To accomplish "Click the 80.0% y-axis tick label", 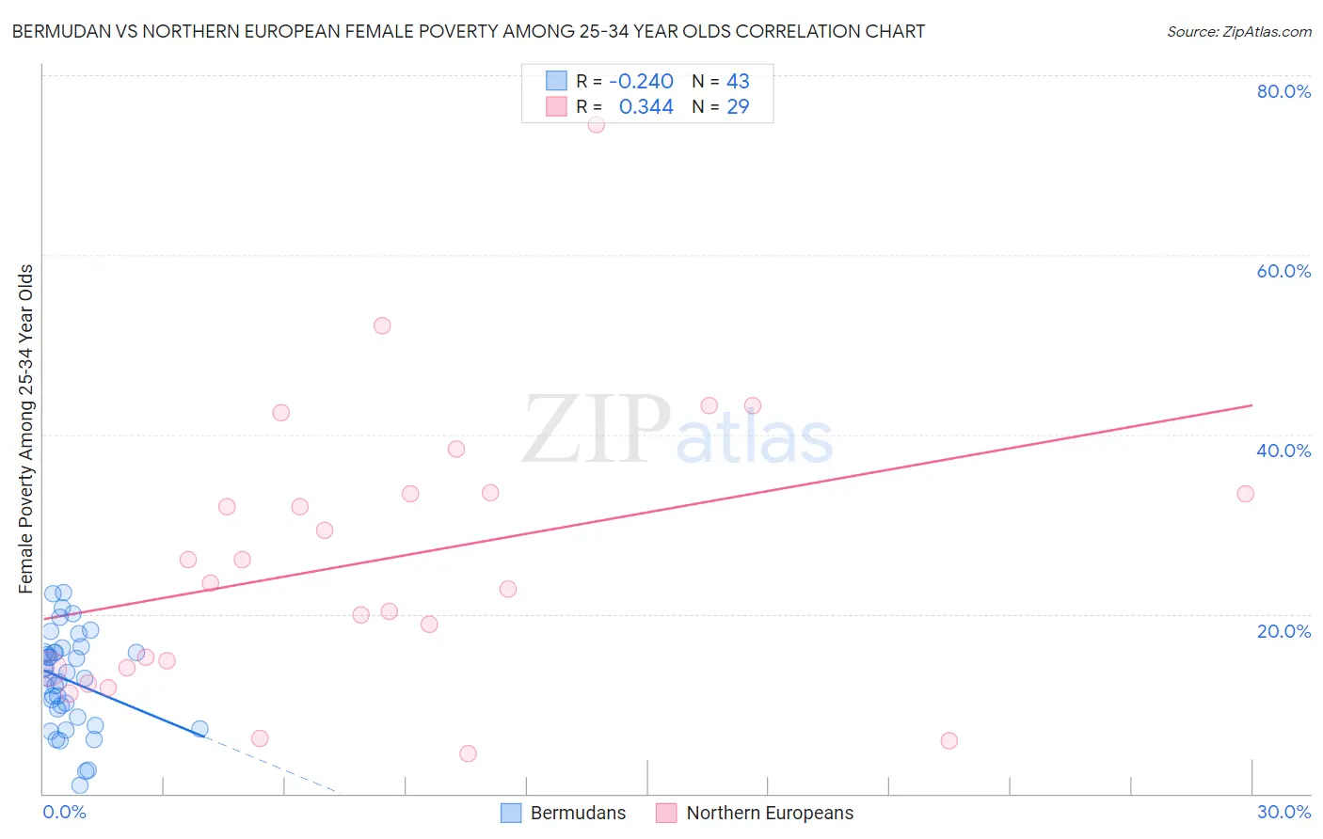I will pos(1283,91).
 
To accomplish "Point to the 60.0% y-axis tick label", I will pos(1283,271).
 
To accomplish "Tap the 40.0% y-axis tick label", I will pos(1283,451).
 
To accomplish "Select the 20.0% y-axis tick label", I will pos(1283,631).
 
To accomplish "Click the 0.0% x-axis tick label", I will pos(64,812).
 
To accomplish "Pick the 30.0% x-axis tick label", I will pos(1283,812).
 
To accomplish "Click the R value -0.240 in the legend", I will pos(641,82).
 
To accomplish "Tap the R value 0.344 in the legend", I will pos(646,107).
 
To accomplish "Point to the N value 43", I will pos(738,82).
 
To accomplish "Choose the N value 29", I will pos(738,107).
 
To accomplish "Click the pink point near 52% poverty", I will pos(382,325).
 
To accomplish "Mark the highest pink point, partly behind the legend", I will pos(596,124).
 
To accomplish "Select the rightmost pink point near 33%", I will pos(1245,494).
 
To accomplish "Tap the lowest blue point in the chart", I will pos(80,785).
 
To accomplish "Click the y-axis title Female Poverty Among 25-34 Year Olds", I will pos(26,429).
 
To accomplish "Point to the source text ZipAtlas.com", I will pos(1238,32).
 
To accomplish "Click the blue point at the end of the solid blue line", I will pos(199,729).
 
